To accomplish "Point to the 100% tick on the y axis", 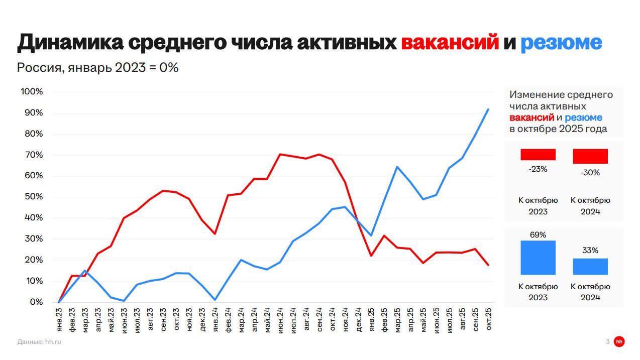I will pyautogui.click(x=32, y=92).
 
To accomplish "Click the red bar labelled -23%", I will pyautogui.click(x=538, y=155).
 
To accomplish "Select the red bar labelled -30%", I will pyautogui.click(x=590, y=156).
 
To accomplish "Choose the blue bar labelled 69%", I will pyautogui.click(x=538, y=258).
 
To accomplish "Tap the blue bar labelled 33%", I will pyautogui.click(x=590, y=267).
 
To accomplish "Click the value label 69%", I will pyautogui.click(x=538, y=235).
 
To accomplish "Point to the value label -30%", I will pyautogui.click(x=590, y=173).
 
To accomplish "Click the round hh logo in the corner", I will pyautogui.click(x=619, y=342).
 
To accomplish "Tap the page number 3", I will pyautogui.click(x=607, y=342).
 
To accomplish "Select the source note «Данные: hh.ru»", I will pyautogui.click(x=39, y=342).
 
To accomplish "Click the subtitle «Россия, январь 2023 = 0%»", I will pyautogui.click(x=98, y=67).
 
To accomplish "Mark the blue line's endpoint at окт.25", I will pyautogui.click(x=488, y=109).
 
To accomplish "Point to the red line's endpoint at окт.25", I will pyautogui.click(x=488, y=265).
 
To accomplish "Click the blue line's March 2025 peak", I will pyautogui.click(x=397, y=167).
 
